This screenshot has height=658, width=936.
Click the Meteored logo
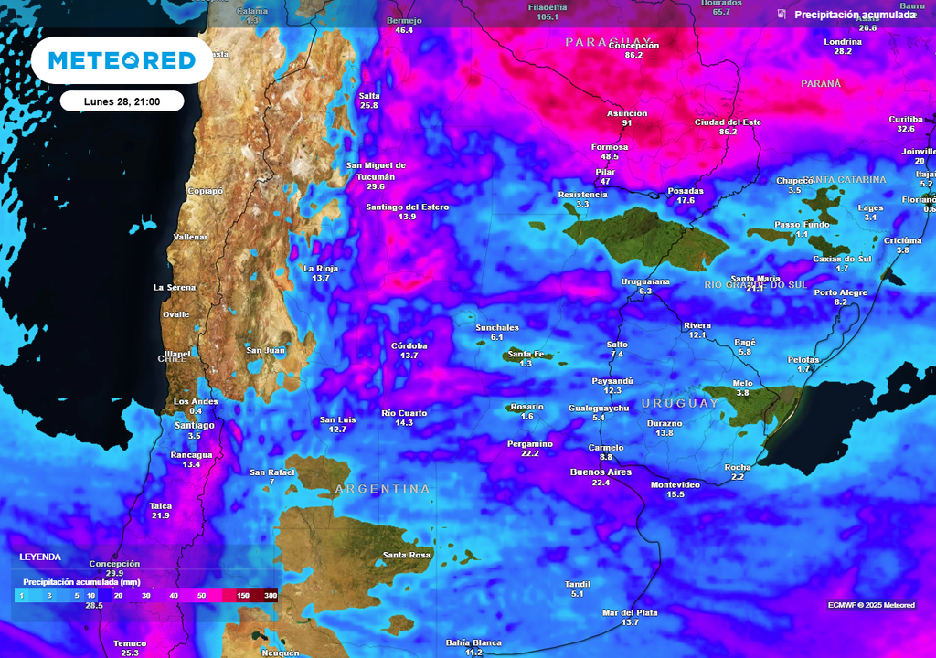tap(122, 60)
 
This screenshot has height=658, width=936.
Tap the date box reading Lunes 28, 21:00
tap(122, 101)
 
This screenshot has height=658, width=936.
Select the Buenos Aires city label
tap(601, 472)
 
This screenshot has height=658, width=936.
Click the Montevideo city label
tap(675, 483)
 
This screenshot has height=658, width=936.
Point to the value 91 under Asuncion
tap(626, 123)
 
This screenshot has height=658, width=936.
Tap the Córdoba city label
tap(409, 345)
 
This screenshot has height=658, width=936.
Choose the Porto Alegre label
tap(841, 292)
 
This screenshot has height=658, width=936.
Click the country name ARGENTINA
tap(382, 489)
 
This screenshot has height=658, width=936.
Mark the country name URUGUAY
tap(680, 403)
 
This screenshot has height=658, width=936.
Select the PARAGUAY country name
tap(610, 42)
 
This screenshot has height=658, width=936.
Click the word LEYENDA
tap(41, 557)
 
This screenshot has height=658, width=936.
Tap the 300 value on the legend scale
tap(270, 595)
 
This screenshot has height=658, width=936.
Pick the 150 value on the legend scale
tap(243, 595)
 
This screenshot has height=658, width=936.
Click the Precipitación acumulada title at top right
tap(854, 15)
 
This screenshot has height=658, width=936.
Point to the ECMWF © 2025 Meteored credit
tap(870, 605)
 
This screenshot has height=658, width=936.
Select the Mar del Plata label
tap(630, 612)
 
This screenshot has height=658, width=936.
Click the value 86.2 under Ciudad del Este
tap(728, 132)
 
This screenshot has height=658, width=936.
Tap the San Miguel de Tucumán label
tap(376, 171)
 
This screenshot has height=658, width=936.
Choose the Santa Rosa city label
tap(407, 555)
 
